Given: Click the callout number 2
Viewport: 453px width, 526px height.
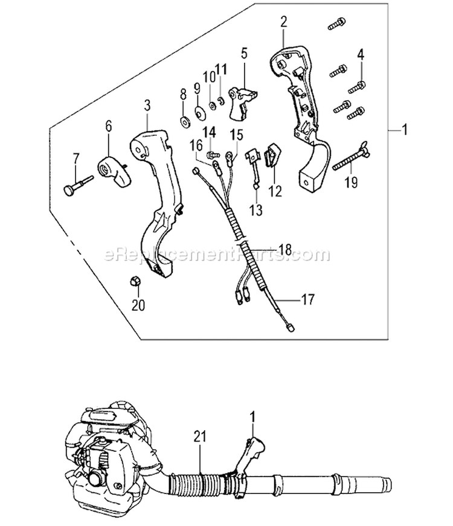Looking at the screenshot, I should point(283,24).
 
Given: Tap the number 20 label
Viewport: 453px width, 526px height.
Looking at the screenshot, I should point(138,305).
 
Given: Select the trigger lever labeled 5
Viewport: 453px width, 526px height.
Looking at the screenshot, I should point(244,98).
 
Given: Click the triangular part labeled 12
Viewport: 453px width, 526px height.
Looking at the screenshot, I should point(274,154).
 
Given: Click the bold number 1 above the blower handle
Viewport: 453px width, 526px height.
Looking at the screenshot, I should point(253,416).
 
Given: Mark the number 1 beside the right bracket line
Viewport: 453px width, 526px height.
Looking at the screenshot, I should point(405,128).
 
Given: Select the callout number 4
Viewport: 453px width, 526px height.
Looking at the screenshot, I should point(360,54).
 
